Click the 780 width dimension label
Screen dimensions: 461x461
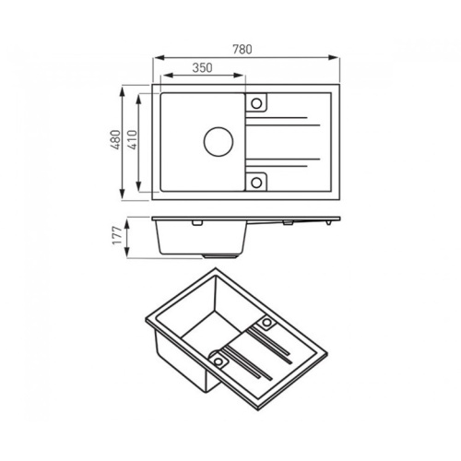242,49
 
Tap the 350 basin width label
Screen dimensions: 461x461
202,67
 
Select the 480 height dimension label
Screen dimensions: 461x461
115,140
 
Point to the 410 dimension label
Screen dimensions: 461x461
132,140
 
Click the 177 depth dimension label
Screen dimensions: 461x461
117,236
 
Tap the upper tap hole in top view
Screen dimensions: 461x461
256,103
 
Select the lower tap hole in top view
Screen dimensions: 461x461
256,183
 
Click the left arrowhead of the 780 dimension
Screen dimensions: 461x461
159,57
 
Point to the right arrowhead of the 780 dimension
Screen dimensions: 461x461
334,57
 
